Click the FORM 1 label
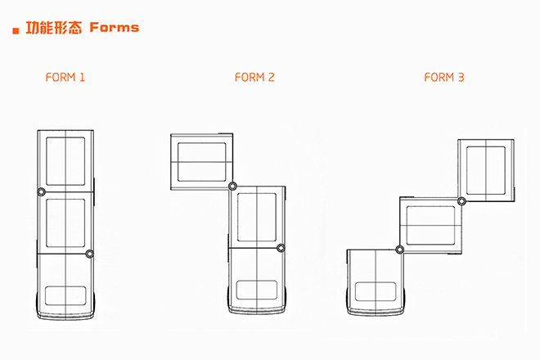(x=65, y=77)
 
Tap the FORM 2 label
(x=254, y=77)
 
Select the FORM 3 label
(x=444, y=77)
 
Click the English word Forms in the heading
(x=115, y=28)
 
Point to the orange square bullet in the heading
(x=16, y=31)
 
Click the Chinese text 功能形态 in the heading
(x=54, y=28)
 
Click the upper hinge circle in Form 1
(x=42, y=192)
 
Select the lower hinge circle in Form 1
(x=89, y=254)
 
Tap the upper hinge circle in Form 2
(x=233, y=187)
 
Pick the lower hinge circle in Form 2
(x=281, y=248)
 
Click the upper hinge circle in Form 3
(x=461, y=201)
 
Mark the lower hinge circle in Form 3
(x=399, y=250)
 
